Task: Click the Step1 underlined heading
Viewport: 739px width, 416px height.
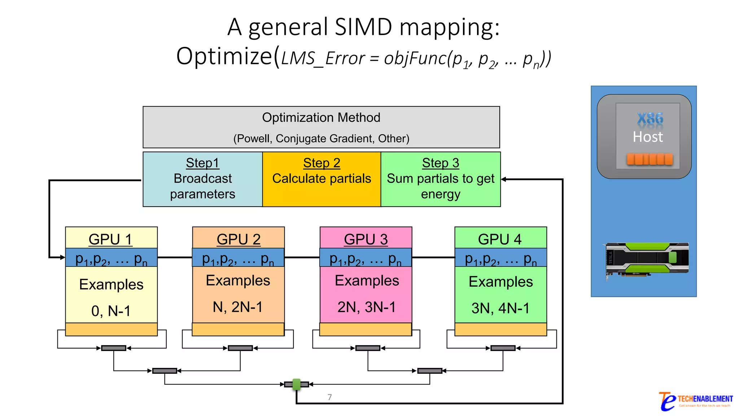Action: coord(202,163)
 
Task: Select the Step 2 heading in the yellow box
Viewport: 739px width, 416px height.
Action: coord(322,163)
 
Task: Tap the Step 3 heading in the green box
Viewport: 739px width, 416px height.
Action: coord(441,163)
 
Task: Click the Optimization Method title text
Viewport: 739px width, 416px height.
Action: coord(321,117)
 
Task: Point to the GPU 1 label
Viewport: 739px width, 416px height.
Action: coord(110,239)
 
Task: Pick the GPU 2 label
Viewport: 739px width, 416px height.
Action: coord(239,239)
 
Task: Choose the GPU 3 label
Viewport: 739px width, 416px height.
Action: coord(366,239)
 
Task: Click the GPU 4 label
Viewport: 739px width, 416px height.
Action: coord(500,239)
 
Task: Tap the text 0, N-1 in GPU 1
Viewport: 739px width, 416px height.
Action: coord(111,311)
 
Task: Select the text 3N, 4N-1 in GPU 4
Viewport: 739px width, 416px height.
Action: coord(500,308)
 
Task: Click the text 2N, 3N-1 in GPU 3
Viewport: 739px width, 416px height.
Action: coord(366,307)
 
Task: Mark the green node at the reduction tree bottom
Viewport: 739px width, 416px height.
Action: coord(297,384)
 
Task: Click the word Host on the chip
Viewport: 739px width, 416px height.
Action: coord(648,137)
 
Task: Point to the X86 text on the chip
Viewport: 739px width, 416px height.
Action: coord(650,118)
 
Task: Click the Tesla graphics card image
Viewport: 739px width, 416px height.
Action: coord(647,259)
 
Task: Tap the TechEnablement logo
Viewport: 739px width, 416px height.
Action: coord(696,401)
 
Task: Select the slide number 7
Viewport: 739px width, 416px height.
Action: coord(329,397)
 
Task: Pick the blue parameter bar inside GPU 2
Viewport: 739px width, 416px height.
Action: coord(238,257)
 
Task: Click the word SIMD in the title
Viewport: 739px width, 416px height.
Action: coord(363,27)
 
